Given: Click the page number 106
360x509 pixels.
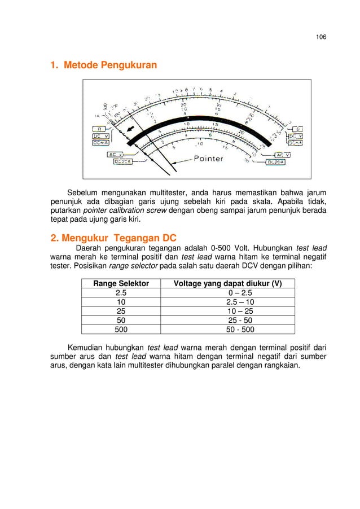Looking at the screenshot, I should coord(321,37).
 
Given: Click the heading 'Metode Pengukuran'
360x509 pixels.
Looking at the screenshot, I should coord(110,66).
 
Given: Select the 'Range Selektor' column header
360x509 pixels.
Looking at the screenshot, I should coord(121,284).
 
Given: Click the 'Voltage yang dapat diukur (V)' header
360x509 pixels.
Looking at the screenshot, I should coord(228,284).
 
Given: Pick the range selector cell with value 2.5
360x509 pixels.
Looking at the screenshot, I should coord(121,293).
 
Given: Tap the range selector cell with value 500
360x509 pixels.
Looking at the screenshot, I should coord(121,330).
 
